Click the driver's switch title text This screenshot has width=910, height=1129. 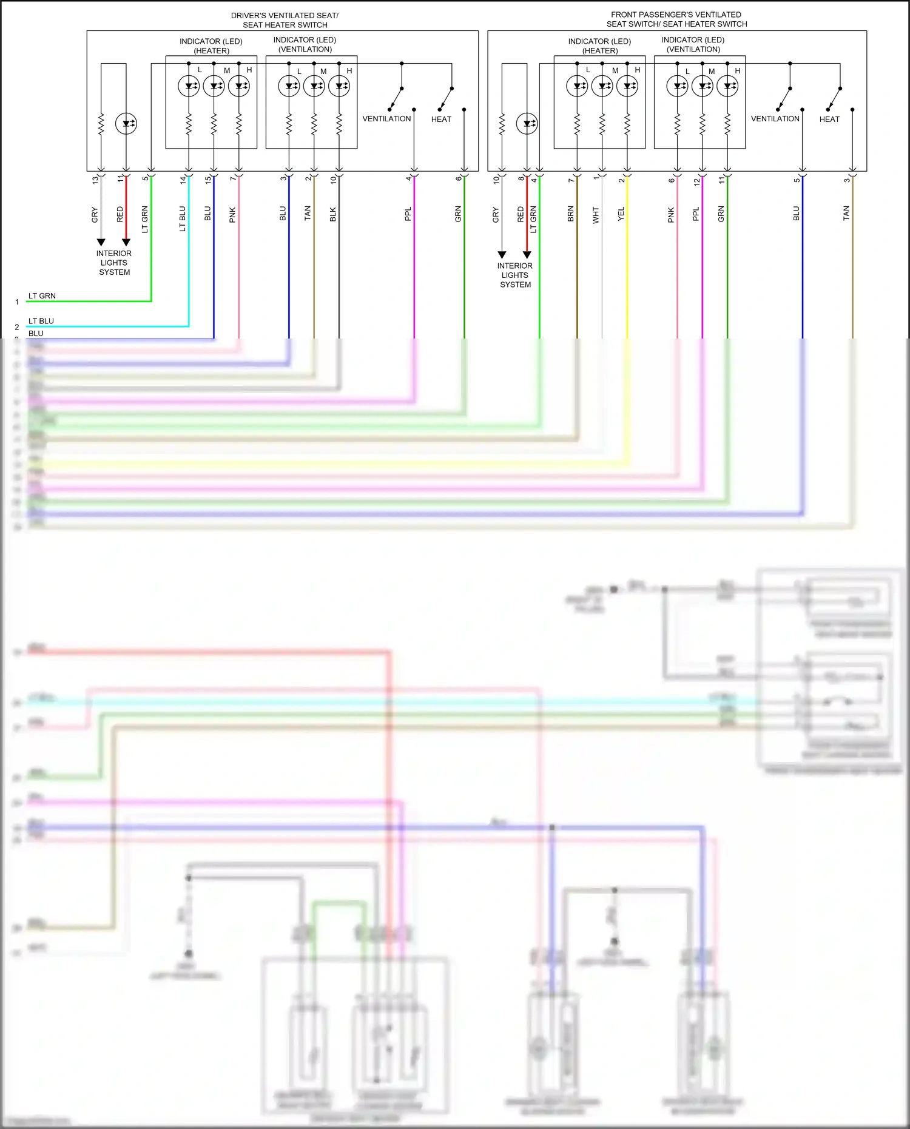click(x=285, y=20)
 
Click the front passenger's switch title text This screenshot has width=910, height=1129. click(x=676, y=19)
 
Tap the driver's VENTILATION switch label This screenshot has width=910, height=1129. click(x=386, y=119)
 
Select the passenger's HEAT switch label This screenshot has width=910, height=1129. click(x=829, y=120)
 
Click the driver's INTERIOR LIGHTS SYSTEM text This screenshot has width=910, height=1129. click(x=114, y=263)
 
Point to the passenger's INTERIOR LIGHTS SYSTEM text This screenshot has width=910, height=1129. click(x=515, y=275)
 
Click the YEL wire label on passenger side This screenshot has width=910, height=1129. click(x=621, y=214)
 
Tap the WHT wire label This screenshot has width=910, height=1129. click(x=596, y=215)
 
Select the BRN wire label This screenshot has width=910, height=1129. click(x=570, y=214)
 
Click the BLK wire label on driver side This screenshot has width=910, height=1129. click(x=332, y=214)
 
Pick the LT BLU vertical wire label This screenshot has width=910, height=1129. click(x=182, y=218)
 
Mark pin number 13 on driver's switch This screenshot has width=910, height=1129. click(x=95, y=180)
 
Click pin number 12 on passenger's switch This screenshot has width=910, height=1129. click(x=696, y=181)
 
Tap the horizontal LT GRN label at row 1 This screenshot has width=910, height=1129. click(x=42, y=296)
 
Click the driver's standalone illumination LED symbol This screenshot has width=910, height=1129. click(x=126, y=124)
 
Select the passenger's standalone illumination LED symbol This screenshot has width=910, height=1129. click(x=527, y=124)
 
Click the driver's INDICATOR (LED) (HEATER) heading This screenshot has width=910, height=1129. click(x=211, y=46)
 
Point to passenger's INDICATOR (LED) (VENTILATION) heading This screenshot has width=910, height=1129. click(x=693, y=44)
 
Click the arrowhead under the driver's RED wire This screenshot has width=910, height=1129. click(x=126, y=242)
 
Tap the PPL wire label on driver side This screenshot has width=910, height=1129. click(x=408, y=214)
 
